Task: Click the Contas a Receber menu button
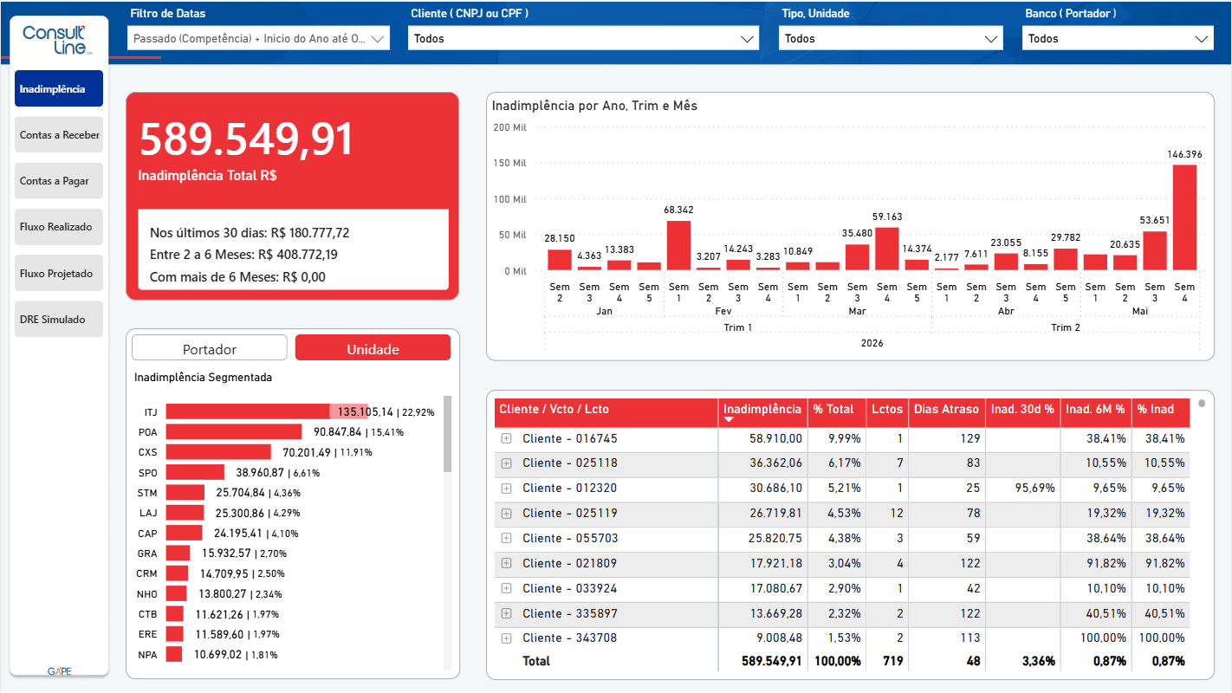59,135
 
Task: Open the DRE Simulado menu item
59,319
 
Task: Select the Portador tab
210,349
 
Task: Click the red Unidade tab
373,349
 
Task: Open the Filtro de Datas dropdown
258,38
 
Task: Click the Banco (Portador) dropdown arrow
1201,39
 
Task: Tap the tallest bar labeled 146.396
1184,217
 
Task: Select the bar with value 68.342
678,245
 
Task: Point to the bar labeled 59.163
886,249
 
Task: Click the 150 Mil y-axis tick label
509,164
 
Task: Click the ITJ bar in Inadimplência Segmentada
268,411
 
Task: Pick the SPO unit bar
195,472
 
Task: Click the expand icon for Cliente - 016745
507,438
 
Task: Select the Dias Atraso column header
946,409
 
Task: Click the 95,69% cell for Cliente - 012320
1034,488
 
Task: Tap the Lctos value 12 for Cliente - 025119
897,513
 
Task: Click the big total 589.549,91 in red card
246,139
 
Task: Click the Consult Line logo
55,40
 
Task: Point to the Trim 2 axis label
1066,327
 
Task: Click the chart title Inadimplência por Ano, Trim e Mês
594,106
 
